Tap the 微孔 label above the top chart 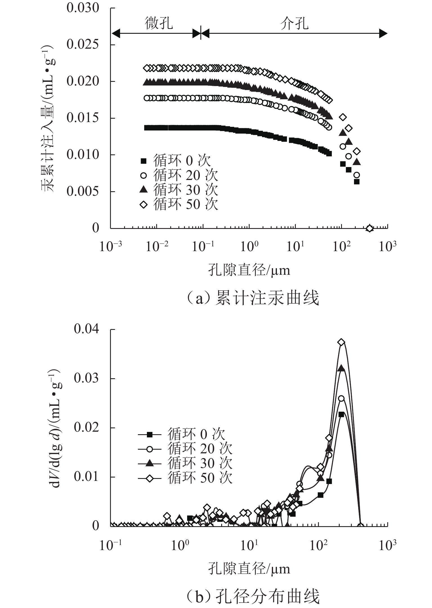click(159, 23)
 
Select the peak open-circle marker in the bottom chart click(341, 398)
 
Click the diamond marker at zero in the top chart click(370, 228)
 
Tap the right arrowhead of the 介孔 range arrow click(383, 34)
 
